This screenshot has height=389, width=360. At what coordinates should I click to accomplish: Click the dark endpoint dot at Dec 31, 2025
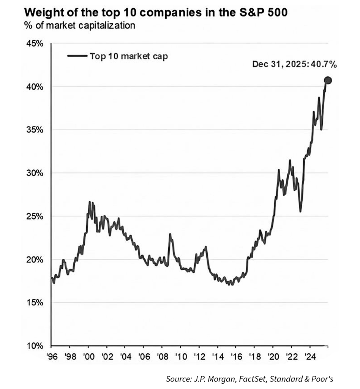tap(328, 80)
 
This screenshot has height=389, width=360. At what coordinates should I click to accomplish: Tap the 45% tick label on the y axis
tap(35, 44)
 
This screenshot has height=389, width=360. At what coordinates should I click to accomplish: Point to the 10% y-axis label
tap(35, 346)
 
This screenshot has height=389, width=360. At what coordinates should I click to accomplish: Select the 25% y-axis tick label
tap(35, 216)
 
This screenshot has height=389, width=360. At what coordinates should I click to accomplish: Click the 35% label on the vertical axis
tap(35, 130)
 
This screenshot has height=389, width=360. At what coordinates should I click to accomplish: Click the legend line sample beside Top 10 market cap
tap(77, 56)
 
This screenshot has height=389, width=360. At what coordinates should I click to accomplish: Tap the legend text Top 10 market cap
tap(128, 56)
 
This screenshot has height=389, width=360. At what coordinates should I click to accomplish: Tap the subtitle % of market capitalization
tap(79, 26)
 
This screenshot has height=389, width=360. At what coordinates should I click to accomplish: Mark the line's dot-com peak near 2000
tap(90, 202)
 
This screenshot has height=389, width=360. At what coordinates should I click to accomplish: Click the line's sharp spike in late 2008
tap(170, 234)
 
